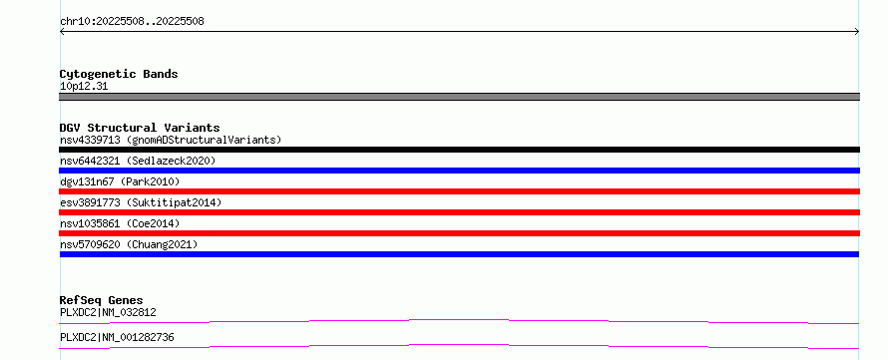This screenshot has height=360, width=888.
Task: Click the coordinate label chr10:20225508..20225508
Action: (132, 22)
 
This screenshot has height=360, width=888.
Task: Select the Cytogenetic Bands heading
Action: (119, 74)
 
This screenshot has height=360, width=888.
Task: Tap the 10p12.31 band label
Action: (84, 87)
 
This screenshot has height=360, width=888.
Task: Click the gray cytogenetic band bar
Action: (459, 97)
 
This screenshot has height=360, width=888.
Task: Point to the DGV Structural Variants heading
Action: (140, 128)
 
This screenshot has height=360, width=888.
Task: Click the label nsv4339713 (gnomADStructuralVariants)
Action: (171, 140)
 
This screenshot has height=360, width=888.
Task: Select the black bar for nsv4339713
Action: (459, 150)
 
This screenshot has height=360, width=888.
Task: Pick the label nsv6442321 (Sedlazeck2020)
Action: (138, 161)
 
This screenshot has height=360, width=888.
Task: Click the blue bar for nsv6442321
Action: (459, 171)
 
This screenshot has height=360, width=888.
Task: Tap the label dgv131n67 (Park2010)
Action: (120, 181)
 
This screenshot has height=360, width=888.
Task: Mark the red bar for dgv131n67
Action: (459, 191)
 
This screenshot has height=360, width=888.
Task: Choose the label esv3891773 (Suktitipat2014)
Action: (141, 202)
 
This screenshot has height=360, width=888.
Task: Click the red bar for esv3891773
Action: (459, 212)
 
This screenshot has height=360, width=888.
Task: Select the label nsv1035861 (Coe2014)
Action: (120, 223)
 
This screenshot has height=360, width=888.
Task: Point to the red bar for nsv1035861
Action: (459, 233)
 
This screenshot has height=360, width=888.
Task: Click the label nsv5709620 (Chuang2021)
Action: (129, 244)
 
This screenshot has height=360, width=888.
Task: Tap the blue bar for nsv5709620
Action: (459, 254)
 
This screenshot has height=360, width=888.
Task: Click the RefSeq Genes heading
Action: (102, 300)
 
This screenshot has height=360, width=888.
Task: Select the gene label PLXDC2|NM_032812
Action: (108, 312)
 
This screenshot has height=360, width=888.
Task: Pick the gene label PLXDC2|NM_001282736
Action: (117, 338)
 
